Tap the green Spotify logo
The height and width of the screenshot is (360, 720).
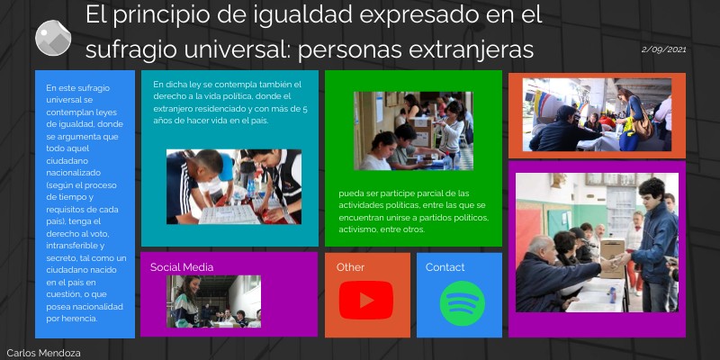462,303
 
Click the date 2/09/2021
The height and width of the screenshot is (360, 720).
664,49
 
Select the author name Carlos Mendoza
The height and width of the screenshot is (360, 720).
43,353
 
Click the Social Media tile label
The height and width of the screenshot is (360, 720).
182,267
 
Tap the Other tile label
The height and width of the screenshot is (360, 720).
350,267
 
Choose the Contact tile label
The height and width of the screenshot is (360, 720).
445,267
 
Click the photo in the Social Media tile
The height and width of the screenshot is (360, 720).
213,301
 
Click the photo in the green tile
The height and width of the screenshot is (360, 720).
413,130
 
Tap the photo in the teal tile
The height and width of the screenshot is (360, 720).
233,187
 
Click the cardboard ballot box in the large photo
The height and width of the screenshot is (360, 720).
612,256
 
